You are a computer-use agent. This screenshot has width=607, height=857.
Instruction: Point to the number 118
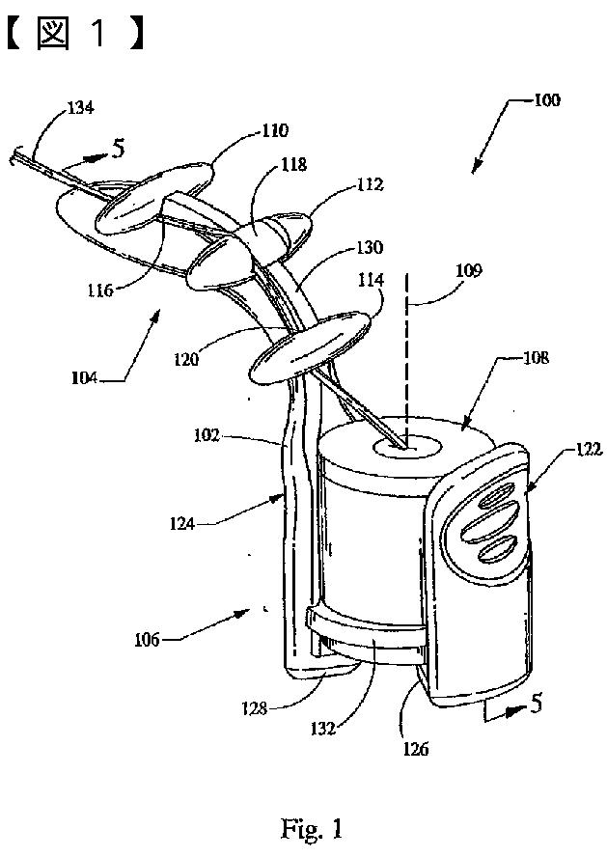pyautogui.click(x=293, y=165)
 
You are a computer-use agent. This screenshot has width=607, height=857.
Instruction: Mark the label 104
pyautogui.click(x=112, y=380)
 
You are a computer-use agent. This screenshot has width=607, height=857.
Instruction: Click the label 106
pyautogui.click(x=150, y=639)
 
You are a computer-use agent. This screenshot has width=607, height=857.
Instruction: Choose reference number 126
pyautogui.click(x=417, y=745)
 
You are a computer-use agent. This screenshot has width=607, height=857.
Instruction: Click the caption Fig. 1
pyautogui.click(x=312, y=828)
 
